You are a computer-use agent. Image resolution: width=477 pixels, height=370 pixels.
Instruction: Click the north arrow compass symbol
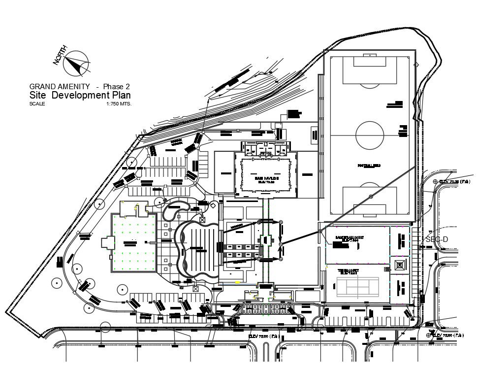pyautogui.click(x=78, y=65)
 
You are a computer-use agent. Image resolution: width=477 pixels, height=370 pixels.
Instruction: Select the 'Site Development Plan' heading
pyautogui.click(x=80, y=95)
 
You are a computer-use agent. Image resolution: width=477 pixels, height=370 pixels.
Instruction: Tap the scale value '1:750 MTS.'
pyautogui.click(x=119, y=104)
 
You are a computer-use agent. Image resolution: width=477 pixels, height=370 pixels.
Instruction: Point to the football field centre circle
pyautogui.click(x=370, y=135)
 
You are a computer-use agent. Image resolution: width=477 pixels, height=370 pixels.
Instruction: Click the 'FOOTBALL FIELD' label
pyautogui.click(x=369, y=166)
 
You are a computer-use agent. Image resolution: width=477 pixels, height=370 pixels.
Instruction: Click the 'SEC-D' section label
pyautogui.click(x=437, y=239)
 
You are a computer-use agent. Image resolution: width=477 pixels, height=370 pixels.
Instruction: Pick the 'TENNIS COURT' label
pyautogui.click(x=348, y=271)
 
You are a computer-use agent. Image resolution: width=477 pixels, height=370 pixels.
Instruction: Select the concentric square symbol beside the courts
pyautogui.click(x=399, y=265)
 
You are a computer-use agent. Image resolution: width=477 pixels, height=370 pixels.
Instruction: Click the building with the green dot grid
pyautogui.click(x=134, y=242)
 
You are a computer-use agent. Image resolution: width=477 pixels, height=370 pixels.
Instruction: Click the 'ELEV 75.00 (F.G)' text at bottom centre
pyautogui.click(x=263, y=336)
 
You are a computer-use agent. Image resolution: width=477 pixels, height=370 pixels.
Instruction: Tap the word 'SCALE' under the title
pyautogui.click(x=37, y=104)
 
